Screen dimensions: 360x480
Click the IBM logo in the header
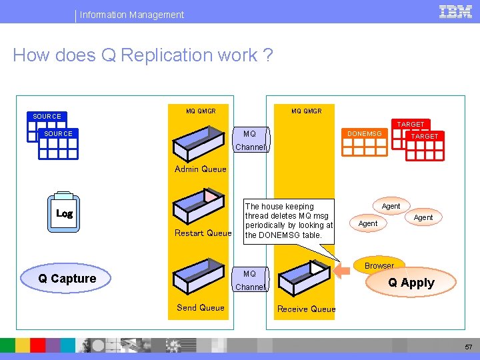(x=455, y=11)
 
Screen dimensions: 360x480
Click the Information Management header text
(x=132, y=15)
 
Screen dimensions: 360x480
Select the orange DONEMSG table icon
(x=365, y=141)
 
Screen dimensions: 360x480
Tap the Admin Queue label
(x=200, y=169)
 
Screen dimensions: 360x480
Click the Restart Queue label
(x=203, y=233)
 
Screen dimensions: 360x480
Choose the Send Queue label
(x=200, y=307)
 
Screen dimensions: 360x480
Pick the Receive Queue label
(x=306, y=309)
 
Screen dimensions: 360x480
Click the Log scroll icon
(x=64, y=213)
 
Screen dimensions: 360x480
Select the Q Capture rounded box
(x=67, y=279)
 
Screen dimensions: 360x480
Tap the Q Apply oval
(x=411, y=283)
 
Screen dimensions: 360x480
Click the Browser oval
(x=379, y=265)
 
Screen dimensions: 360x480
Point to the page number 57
(x=468, y=347)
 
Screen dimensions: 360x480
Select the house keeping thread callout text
(x=289, y=221)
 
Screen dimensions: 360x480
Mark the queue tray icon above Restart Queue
(x=199, y=205)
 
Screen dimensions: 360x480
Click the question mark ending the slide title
(x=267, y=55)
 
